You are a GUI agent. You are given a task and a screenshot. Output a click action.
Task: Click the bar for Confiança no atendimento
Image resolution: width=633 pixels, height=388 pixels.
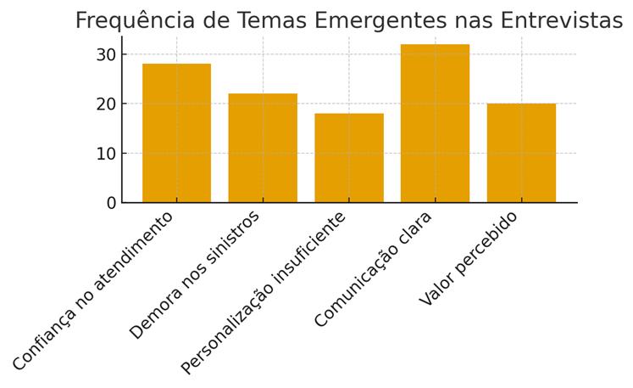pyautogui.click(x=176, y=133)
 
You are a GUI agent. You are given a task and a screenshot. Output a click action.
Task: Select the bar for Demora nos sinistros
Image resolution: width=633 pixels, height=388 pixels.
pyautogui.click(x=263, y=148)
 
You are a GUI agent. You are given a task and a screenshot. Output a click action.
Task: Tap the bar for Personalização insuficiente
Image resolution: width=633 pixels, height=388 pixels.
pyautogui.click(x=349, y=158)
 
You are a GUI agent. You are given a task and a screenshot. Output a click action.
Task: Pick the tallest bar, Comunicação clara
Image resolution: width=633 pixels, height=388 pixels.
pyautogui.click(x=435, y=123)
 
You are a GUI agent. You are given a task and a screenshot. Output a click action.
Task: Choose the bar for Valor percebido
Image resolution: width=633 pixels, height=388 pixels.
pyautogui.click(x=521, y=153)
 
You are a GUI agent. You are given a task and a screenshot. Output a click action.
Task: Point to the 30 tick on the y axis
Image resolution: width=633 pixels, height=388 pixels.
pyautogui.click(x=106, y=54)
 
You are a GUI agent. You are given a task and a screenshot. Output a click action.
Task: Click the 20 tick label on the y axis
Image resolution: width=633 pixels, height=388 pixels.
pyautogui.click(x=106, y=104)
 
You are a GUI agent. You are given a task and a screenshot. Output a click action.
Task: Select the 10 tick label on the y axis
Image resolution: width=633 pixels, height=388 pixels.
pyautogui.click(x=106, y=154)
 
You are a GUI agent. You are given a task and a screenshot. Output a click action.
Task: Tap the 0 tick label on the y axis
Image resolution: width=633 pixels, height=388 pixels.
pyautogui.click(x=111, y=203)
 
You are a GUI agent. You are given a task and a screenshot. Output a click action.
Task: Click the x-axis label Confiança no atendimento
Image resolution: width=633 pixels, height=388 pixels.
pyautogui.click(x=93, y=290)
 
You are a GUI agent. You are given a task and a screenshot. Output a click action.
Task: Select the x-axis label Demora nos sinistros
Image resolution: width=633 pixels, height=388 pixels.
pyautogui.click(x=195, y=274)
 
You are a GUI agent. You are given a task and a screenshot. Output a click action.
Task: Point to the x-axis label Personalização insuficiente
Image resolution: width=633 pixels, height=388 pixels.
pyautogui.click(x=264, y=293)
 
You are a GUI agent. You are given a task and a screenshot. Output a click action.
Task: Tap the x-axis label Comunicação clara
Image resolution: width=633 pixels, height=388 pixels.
pyautogui.click(x=374, y=268)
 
